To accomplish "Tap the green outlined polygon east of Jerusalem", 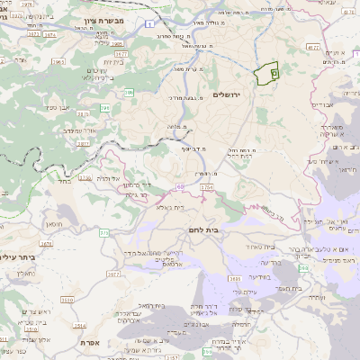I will [267, 75].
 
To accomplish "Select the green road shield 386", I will [130, 92].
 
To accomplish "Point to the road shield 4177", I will [313, 45].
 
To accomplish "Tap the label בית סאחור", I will [255, 246].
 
